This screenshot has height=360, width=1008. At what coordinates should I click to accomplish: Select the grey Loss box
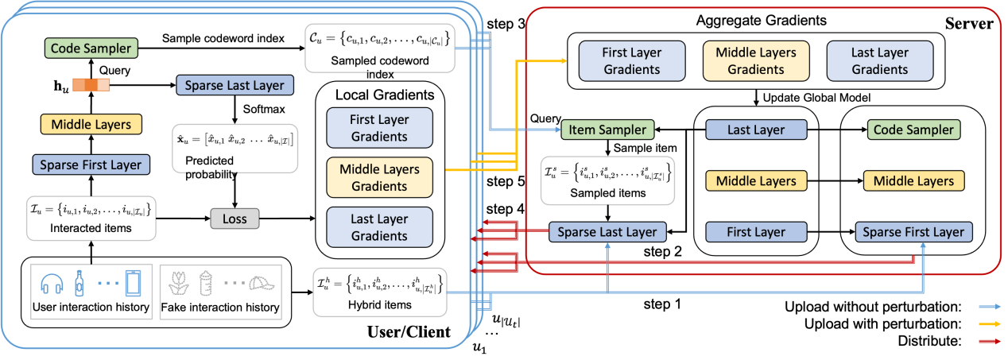point(235,219)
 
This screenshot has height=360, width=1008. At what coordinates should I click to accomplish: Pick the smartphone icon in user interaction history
point(133,284)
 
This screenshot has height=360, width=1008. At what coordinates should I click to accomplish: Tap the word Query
point(114,70)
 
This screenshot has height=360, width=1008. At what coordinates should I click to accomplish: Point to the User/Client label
point(409,332)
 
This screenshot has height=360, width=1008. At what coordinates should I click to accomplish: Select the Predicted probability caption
point(205,168)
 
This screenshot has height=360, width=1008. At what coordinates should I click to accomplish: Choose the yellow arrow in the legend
point(989,324)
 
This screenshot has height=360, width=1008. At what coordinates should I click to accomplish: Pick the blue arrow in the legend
point(989,307)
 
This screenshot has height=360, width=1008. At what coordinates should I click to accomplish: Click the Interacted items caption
point(90,228)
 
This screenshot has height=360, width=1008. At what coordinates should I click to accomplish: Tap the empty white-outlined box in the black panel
point(607,181)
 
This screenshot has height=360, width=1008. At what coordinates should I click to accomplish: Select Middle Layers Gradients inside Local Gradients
point(378,177)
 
